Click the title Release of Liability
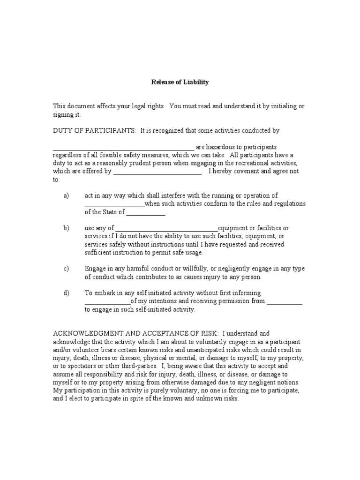pyautogui.click(x=180, y=82)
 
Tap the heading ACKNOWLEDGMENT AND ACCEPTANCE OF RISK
pyautogui.click(x=135, y=333)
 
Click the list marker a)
pyautogui.click(x=66, y=195)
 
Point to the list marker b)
pyautogui.click(x=66, y=228)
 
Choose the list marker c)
pyautogui.click(x=66, y=269)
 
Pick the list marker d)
pyautogui.click(x=66, y=293)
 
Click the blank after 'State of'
pyautogui.click(x=146, y=213)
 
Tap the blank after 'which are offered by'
pyautogui.click(x=157, y=172)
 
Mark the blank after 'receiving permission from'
pyautogui.click(x=285, y=302)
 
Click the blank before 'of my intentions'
pyautogui.click(x=107, y=302)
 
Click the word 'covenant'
pyautogui.click(x=243, y=171)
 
